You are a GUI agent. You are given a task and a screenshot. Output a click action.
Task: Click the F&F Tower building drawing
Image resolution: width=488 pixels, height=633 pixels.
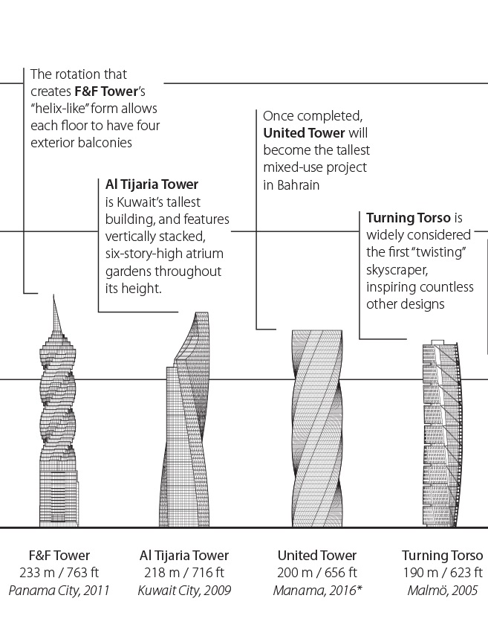[x=57, y=431]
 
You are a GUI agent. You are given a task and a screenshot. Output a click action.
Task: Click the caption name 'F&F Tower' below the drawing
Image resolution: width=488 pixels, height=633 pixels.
[x=59, y=556]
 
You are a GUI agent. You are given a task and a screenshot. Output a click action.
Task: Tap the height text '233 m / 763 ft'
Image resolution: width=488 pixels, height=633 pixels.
[x=59, y=573]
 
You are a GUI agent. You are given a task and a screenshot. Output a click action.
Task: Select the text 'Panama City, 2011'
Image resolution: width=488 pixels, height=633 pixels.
[x=59, y=591]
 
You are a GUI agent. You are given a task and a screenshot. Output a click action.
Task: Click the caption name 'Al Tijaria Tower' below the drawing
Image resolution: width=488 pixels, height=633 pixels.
[x=184, y=556]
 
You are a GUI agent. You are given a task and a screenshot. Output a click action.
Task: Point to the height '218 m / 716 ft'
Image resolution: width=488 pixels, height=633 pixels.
[x=184, y=573]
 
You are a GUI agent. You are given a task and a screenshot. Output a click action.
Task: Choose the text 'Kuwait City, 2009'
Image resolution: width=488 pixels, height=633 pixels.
[x=184, y=591]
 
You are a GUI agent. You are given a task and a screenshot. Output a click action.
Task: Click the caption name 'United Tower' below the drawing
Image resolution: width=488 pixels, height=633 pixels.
[x=317, y=556]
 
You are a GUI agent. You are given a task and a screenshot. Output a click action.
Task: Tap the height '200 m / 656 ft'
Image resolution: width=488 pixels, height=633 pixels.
[x=317, y=573]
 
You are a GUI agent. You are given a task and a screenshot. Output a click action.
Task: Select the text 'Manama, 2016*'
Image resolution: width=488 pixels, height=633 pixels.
[x=317, y=591]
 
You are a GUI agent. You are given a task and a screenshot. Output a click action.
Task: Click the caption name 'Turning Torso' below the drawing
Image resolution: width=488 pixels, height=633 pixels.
[x=442, y=556]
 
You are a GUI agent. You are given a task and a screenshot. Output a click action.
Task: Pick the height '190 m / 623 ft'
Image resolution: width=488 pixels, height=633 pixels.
[x=442, y=573]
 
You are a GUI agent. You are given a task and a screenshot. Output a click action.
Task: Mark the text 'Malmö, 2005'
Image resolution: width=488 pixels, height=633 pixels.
[x=442, y=591]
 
